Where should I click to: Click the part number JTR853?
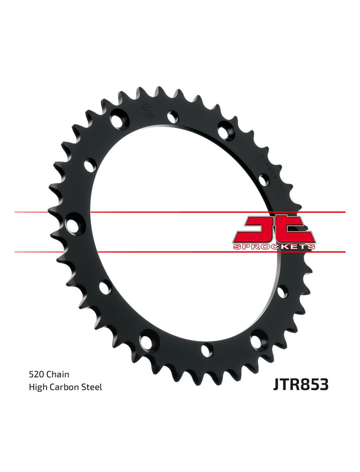click(x=300, y=384)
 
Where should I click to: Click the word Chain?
click(x=58, y=375)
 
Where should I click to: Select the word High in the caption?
click(x=37, y=388)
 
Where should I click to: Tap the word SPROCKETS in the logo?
click(x=274, y=247)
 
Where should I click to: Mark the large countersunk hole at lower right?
click(x=257, y=342)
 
